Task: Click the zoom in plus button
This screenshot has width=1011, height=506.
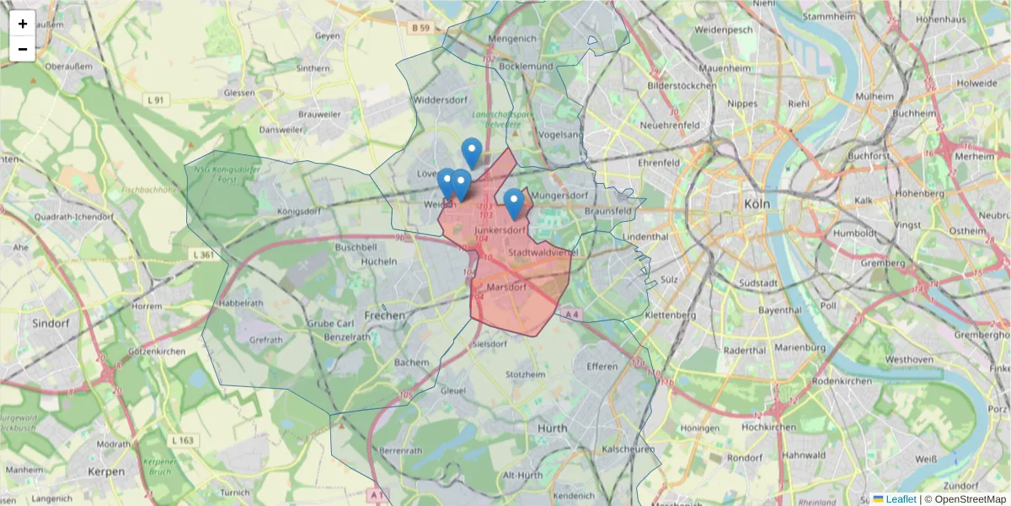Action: pyautogui.click(x=23, y=24)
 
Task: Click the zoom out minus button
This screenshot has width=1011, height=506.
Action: pyautogui.click(x=23, y=49)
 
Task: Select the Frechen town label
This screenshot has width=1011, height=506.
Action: pyautogui.click(x=383, y=315)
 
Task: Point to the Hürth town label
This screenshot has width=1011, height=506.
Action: pyautogui.click(x=553, y=428)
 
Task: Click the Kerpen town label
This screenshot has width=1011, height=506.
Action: pyautogui.click(x=105, y=471)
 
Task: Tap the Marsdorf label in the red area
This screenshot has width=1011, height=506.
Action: pyautogui.click(x=506, y=287)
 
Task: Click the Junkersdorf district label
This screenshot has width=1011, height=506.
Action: pyautogui.click(x=500, y=229)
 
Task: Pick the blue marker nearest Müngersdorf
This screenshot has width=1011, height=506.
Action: pyautogui.click(x=513, y=202)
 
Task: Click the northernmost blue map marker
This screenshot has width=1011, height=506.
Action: pyautogui.click(x=472, y=152)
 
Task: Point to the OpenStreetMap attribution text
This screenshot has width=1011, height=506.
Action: pyautogui.click(x=965, y=499)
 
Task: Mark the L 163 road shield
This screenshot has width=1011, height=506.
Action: pyautogui.click(x=182, y=440)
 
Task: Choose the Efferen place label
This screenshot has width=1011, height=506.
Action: pyautogui.click(x=602, y=366)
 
